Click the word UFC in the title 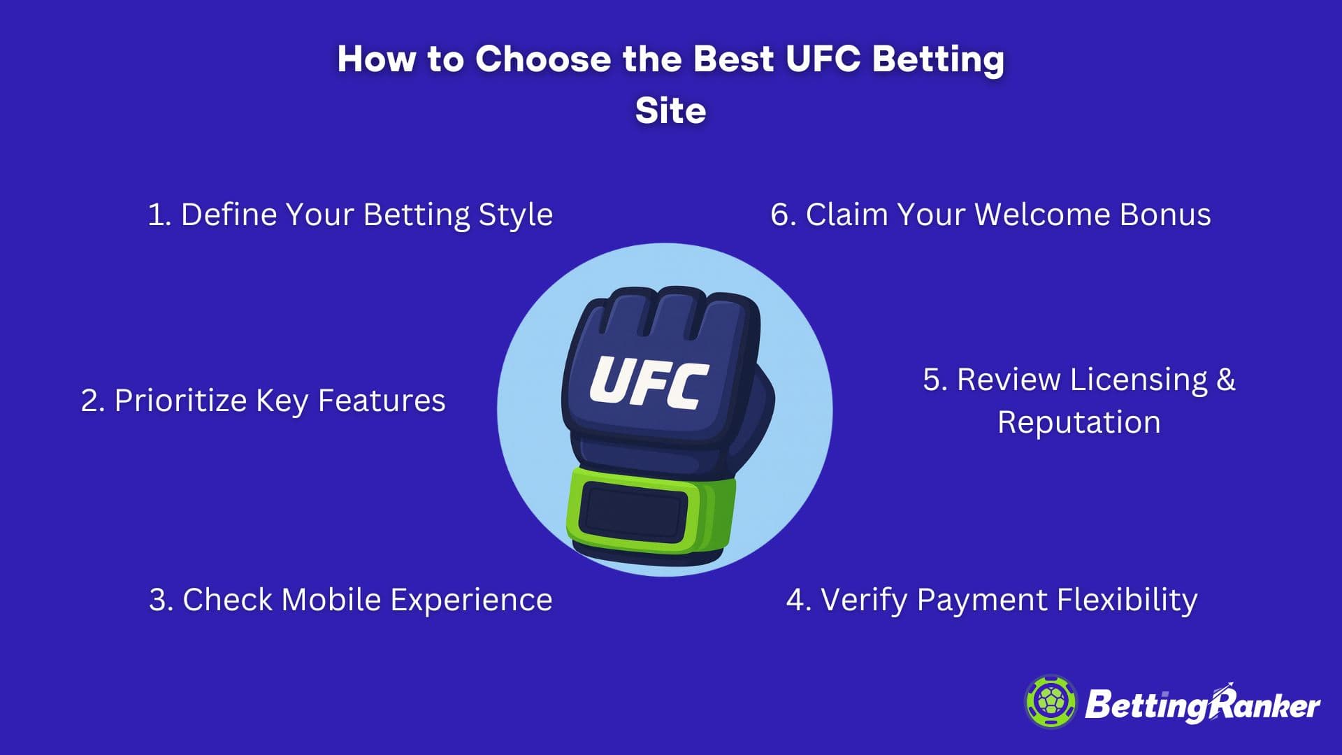pyautogui.click(x=823, y=59)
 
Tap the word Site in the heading pyautogui.click(x=671, y=110)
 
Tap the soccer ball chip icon pyautogui.click(x=1051, y=701)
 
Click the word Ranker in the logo pyautogui.click(x=1264, y=705)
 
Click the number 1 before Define pyautogui.click(x=157, y=215)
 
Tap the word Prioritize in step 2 pyautogui.click(x=181, y=401)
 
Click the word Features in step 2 pyautogui.click(x=382, y=401)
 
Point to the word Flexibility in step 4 pyautogui.click(x=1127, y=601)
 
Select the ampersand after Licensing pyautogui.click(x=1226, y=380)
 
